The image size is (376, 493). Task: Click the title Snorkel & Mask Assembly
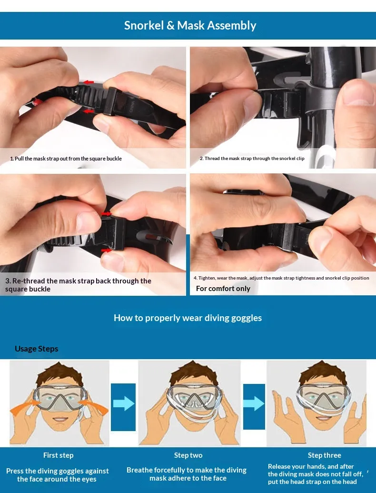(x=190, y=25)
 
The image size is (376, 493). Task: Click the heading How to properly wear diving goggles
(x=188, y=318)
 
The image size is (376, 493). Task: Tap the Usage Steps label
(x=37, y=349)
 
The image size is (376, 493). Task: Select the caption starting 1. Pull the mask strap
(x=66, y=159)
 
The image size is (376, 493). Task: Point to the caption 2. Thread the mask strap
(x=252, y=159)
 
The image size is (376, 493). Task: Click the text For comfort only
(x=223, y=289)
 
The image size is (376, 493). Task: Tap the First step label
(x=59, y=455)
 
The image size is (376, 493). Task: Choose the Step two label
(x=188, y=455)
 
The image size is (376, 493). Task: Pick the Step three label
(x=325, y=455)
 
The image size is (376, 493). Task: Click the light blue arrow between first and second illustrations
(x=124, y=403)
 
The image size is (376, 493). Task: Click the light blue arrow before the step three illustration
(x=254, y=403)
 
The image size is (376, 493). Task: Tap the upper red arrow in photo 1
(x=89, y=82)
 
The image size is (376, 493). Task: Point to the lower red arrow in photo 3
(x=107, y=251)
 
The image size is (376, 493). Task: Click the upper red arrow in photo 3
(x=107, y=214)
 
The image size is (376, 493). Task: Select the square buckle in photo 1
(x=110, y=101)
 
